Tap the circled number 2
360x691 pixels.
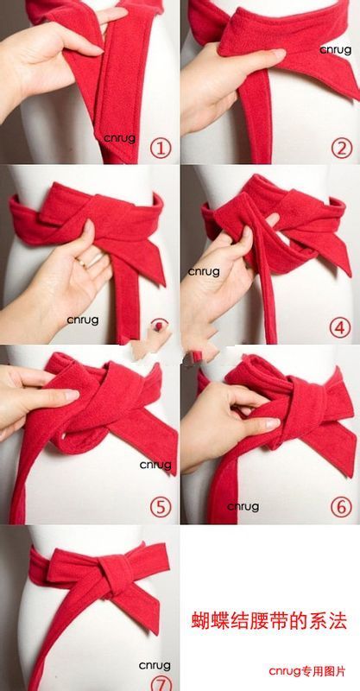pos(342,149)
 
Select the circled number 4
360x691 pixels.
pos(340,327)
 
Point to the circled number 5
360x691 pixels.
pos(160,507)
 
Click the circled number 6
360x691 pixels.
pos(342,507)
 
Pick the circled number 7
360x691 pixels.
pos(161,682)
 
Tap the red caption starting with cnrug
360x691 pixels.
pos(307,672)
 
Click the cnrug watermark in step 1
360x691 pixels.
pos(120,138)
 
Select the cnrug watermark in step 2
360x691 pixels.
pos(335,50)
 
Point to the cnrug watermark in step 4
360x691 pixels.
pos(204,272)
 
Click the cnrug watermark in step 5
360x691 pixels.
pos(155,465)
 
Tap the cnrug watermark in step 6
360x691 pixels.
pos(243,507)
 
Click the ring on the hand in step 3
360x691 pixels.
pos(82,263)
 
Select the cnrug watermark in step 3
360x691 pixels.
pos(83,320)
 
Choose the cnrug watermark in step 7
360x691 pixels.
pos(155,665)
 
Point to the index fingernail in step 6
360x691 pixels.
pos(272,424)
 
